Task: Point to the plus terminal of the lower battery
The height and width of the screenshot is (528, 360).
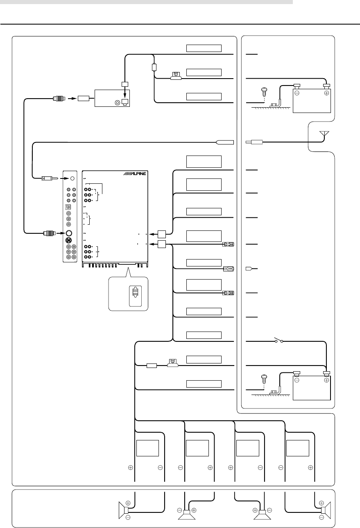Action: pyautogui.click(x=326, y=379)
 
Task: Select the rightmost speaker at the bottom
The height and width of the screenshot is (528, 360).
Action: pyautogui.click(x=324, y=510)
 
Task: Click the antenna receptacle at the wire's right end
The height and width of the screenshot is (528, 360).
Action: pyautogui.click(x=225, y=142)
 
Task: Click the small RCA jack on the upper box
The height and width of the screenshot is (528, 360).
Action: pyautogui.click(x=118, y=102)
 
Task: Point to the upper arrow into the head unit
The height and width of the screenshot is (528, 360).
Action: pyautogui.click(x=152, y=235)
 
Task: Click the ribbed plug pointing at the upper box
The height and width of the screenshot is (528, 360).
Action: pyautogui.click(x=58, y=98)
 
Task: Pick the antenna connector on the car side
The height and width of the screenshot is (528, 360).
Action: pyautogui.click(x=256, y=142)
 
